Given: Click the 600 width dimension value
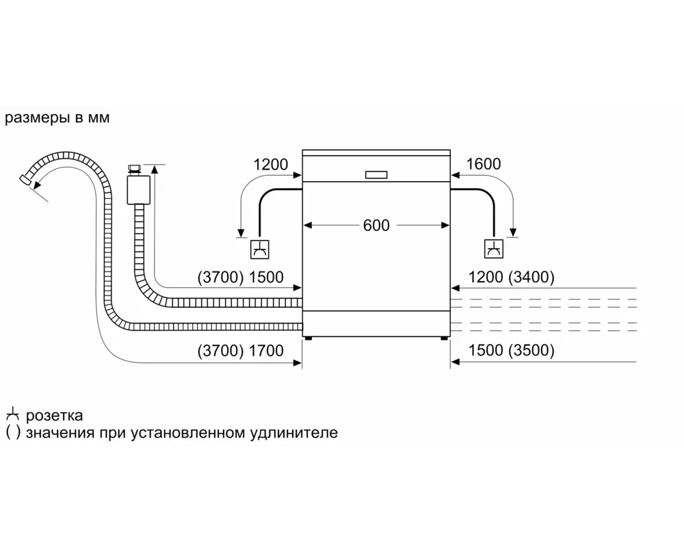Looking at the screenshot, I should click(376, 225).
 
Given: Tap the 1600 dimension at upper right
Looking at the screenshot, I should click(484, 164).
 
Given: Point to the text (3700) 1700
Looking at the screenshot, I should click(239, 351).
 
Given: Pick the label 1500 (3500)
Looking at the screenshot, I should click(512, 351).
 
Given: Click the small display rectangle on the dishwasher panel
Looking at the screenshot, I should click(376, 175).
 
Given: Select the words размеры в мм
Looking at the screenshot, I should click(57, 118).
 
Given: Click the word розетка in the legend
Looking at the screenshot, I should click(55, 415).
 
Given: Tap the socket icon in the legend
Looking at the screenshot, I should click(12, 414).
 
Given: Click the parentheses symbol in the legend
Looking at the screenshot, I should click(12, 433).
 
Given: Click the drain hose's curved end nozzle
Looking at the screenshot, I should click(26, 179).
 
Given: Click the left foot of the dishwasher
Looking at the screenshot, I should click(308, 337).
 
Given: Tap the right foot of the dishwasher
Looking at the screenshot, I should click(444, 337).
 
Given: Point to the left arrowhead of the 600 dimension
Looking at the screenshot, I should click(307, 225).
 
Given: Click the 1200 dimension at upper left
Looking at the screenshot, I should click(270, 164).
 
